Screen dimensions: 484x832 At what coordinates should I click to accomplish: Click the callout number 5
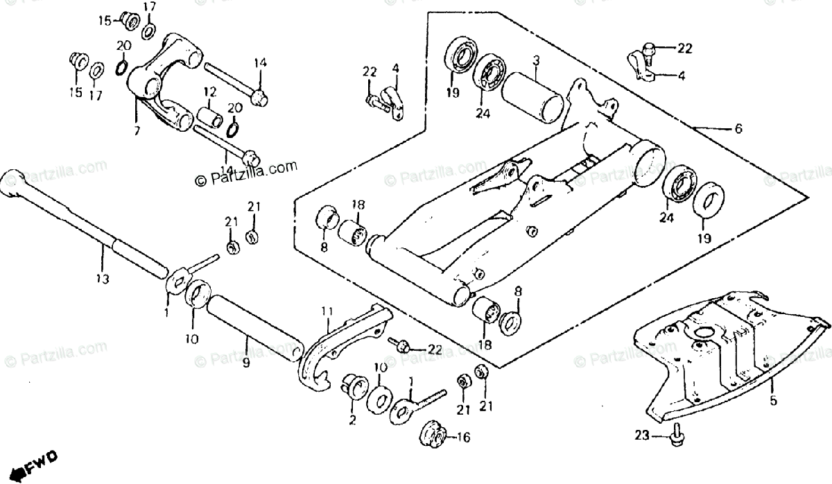point(774,400)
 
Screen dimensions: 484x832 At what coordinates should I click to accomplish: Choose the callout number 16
point(462,437)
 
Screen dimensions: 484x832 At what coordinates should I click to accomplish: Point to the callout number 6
point(738,128)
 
